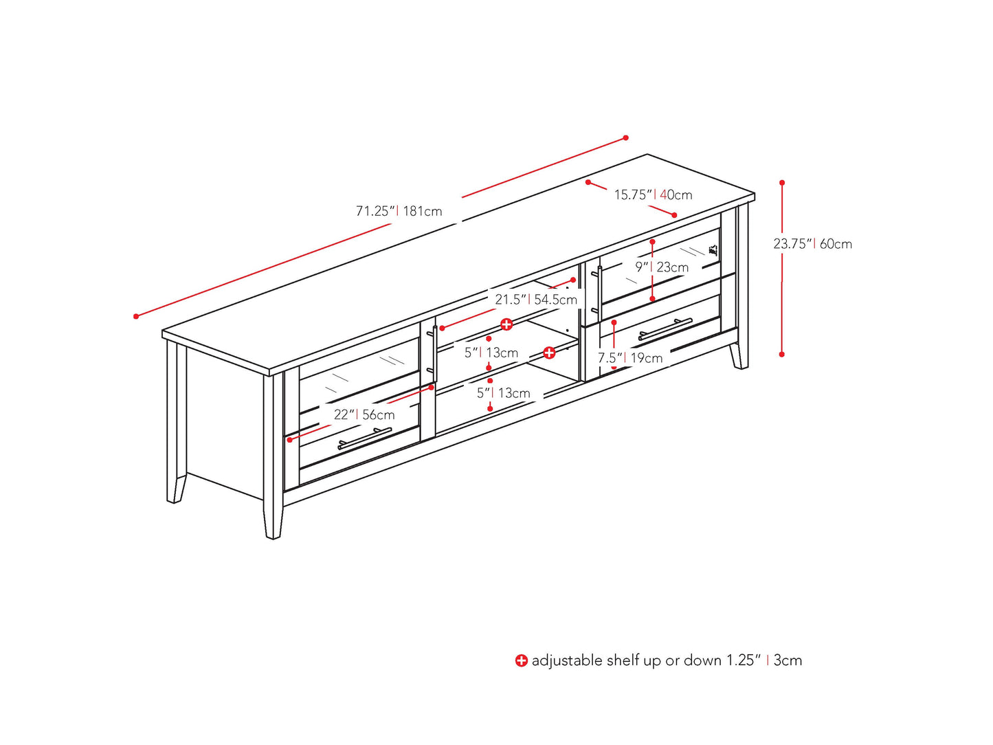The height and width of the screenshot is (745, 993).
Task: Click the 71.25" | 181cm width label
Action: click(399, 211)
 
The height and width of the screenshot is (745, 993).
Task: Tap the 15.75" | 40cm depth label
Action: click(653, 194)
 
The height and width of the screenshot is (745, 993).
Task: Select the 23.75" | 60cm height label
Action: click(812, 243)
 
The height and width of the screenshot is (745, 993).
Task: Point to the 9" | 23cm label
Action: click(661, 267)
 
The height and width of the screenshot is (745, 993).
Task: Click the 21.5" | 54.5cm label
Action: click(536, 300)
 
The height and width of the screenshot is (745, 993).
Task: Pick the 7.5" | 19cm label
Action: click(629, 357)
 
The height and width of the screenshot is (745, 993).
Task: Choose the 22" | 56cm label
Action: click(364, 414)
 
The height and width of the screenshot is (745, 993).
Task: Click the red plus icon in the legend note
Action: click(522, 660)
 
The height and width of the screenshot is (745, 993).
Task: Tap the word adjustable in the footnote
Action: click(567, 660)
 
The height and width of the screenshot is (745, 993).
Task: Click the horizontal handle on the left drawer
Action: click(364, 438)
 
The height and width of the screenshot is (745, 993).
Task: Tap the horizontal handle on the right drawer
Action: click(665, 329)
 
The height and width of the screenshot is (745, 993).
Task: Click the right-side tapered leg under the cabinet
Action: click(739, 356)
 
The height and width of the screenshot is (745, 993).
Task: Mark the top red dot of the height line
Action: click(782, 183)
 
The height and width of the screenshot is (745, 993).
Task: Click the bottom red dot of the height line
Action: click(782, 354)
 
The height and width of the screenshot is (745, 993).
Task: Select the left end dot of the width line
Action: click(136, 316)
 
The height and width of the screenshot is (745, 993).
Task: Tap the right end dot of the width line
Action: click(625, 137)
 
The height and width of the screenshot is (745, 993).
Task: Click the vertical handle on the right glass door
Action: click(599, 293)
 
